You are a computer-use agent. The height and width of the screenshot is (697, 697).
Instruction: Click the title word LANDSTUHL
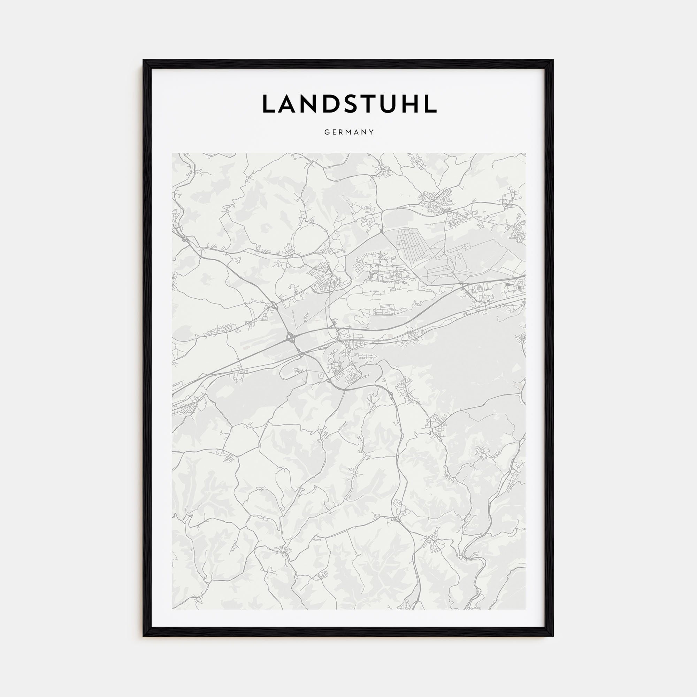[x=349, y=104]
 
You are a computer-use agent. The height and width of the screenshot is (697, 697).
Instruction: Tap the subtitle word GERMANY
[x=349, y=132]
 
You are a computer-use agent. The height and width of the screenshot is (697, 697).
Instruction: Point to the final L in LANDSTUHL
[x=431, y=104]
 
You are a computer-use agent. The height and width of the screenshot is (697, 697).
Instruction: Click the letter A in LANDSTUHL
[x=289, y=104]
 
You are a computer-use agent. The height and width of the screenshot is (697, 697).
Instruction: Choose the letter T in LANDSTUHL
[x=369, y=104]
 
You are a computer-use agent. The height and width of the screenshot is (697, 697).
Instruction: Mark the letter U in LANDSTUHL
[x=389, y=104]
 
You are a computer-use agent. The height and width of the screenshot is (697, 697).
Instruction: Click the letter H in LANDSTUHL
[x=411, y=104]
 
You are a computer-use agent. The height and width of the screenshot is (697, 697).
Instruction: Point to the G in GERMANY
[x=327, y=132]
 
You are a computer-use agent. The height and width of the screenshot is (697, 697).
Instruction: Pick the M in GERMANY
[x=348, y=132]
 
